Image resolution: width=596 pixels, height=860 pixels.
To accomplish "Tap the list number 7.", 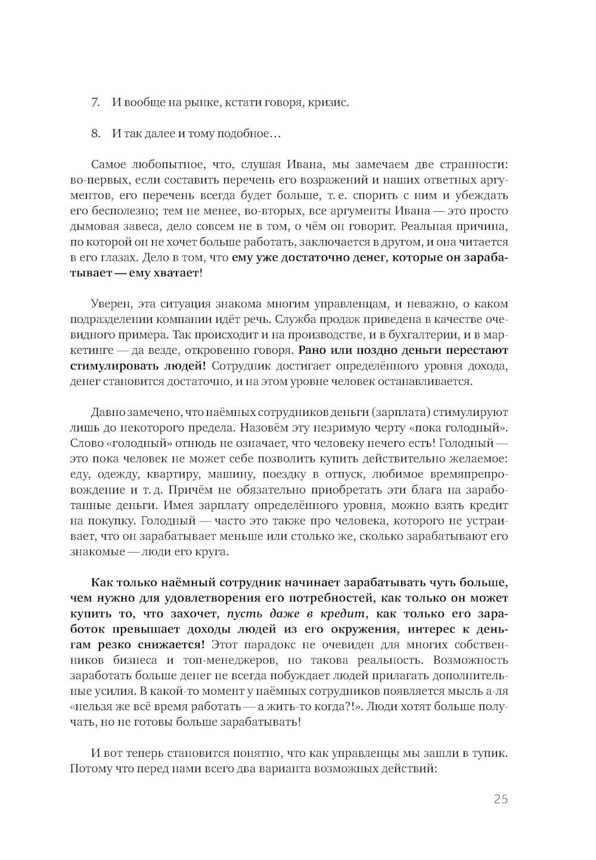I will pyautogui.click(x=95, y=102).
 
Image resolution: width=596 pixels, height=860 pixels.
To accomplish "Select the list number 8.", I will pyautogui.click(x=95, y=133).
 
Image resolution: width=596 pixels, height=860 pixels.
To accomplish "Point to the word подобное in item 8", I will pyautogui.click(x=245, y=133).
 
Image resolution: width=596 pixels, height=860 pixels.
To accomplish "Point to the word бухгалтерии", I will pyautogui.click(x=421, y=335).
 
